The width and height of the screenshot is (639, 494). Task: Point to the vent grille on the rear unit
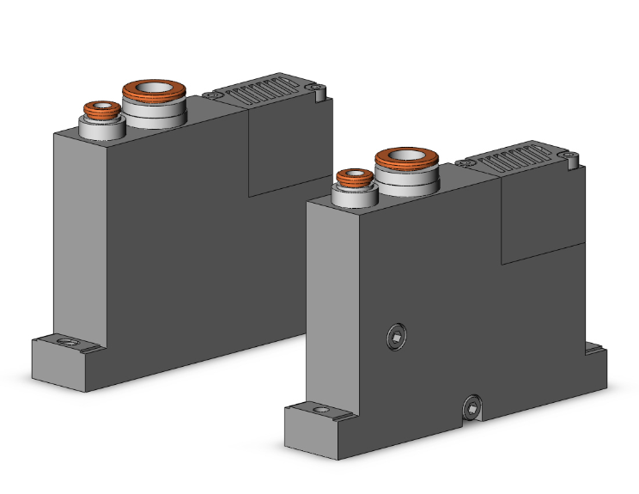[x=266, y=91]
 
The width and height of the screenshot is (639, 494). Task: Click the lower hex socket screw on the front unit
[x=472, y=406]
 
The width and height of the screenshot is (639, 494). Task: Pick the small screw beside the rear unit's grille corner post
[x=319, y=86]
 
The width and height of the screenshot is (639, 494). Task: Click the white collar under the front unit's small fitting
[x=353, y=198]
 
